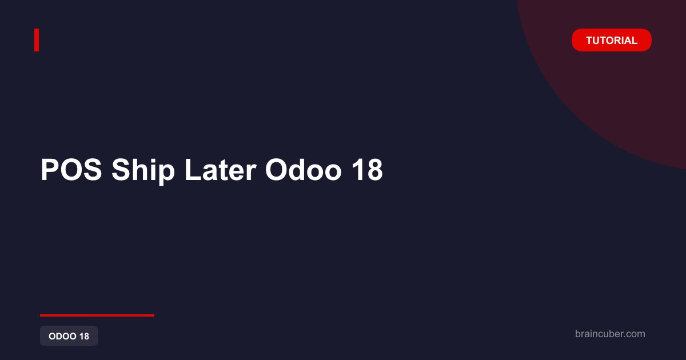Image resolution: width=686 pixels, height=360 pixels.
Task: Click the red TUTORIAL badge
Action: [611, 40]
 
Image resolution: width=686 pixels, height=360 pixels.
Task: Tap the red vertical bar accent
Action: [37, 40]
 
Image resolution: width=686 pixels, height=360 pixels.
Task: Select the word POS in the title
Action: [71, 170]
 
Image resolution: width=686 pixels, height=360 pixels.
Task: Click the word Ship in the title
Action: [143, 171]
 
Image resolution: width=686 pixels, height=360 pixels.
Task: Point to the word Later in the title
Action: [221, 170]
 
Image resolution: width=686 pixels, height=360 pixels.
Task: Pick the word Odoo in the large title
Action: [303, 170]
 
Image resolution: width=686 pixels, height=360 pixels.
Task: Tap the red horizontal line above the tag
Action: [97, 315]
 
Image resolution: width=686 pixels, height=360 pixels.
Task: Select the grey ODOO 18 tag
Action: [69, 336]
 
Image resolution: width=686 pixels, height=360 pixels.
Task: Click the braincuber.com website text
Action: [610, 334]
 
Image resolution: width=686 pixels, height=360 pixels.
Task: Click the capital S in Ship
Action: [121, 170]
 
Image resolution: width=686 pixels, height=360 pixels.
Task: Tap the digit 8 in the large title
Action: [374, 170]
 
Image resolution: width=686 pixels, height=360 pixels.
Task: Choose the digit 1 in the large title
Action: [357, 170]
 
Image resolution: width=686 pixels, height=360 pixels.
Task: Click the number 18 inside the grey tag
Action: [84, 336]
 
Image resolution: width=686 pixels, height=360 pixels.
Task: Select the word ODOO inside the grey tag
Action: [62, 336]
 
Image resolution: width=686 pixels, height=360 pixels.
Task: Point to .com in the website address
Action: [634, 334]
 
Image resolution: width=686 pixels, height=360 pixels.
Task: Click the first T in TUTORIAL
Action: [589, 41]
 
